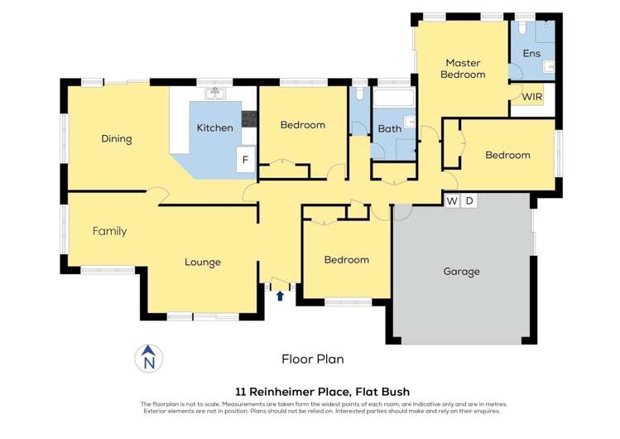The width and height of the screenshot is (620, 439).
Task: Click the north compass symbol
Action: tap(149, 358)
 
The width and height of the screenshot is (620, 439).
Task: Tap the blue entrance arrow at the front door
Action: tap(280, 295)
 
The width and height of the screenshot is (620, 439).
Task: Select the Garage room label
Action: tap(461, 271)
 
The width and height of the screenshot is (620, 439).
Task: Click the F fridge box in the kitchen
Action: tap(245, 160)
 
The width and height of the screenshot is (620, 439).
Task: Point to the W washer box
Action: tap(452, 200)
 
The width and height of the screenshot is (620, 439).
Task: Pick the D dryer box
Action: tap(469, 200)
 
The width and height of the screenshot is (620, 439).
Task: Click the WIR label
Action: tap(532, 97)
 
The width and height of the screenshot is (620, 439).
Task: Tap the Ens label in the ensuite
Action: tap(531, 54)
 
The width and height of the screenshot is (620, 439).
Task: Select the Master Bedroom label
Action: tap(462, 69)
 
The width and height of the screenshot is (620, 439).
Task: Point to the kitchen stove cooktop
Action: tap(248, 118)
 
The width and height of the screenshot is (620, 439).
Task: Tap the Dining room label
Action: tap(117, 138)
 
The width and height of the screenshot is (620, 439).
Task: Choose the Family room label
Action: tap(109, 231)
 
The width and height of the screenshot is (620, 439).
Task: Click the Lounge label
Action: tap(202, 263)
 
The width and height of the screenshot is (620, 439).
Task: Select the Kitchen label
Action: tap(214, 128)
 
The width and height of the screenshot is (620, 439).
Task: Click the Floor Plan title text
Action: tap(312, 359)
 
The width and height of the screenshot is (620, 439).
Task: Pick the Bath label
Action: tap(389, 129)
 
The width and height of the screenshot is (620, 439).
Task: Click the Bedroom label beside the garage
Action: tap(346, 259)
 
